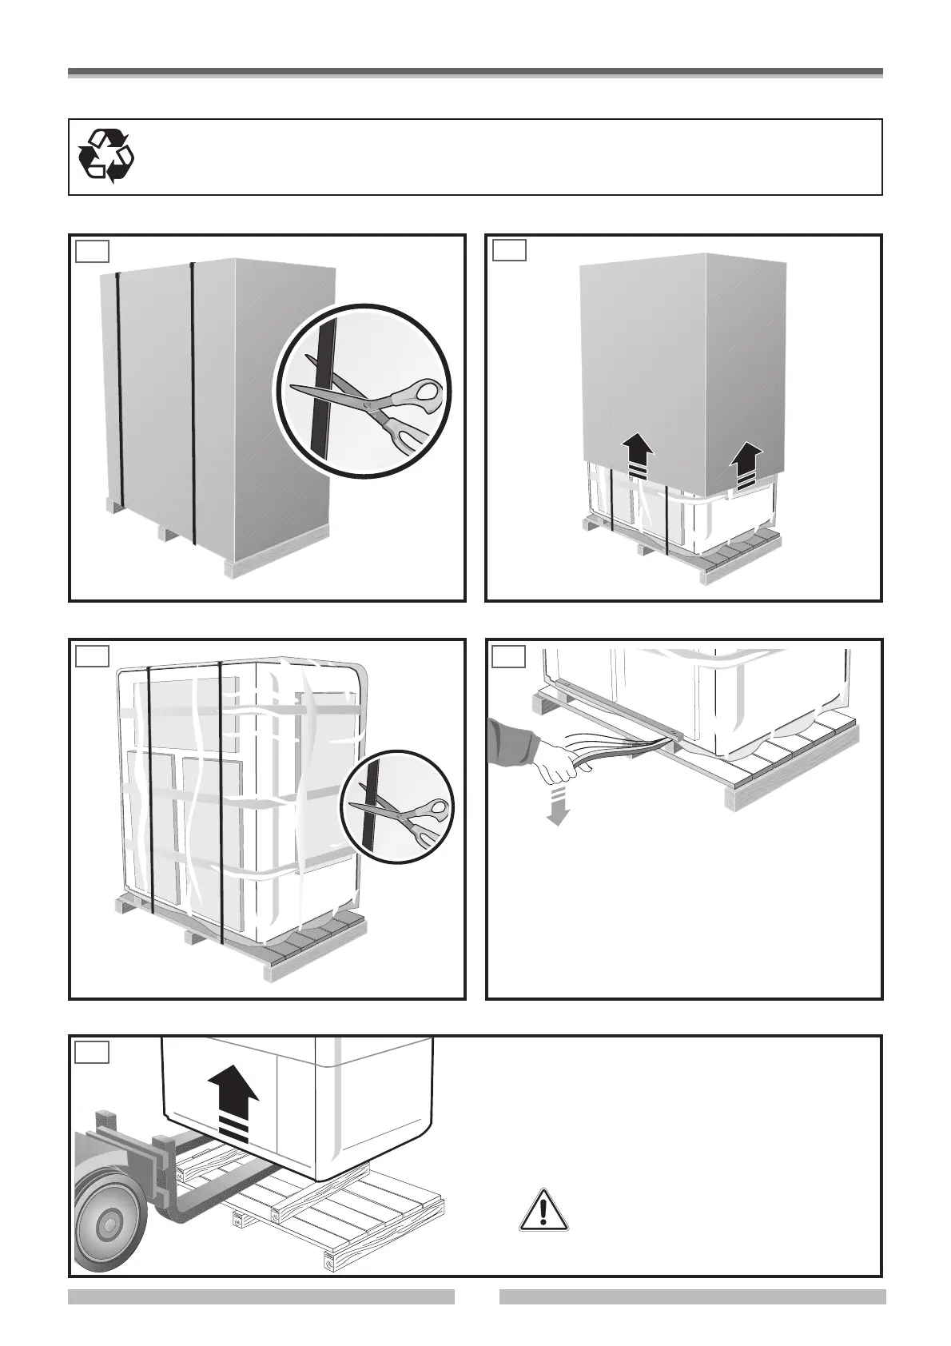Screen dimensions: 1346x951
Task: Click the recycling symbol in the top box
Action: pos(106,156)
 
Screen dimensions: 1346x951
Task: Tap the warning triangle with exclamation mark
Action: pos(543,1208)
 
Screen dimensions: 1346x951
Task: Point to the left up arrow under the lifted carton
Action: pos(639,455)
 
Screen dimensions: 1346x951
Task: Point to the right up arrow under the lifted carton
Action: pos(747,465)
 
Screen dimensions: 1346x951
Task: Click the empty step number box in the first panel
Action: pos(92,251)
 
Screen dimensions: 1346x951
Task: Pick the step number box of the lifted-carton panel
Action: pos(509,251)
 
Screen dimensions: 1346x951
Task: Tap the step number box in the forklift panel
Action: pos(92,1052)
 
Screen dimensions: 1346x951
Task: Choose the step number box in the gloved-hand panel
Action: pos(509,656)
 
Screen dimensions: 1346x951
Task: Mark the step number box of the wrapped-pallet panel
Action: pos(92,656)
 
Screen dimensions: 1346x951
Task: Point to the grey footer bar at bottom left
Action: pos(261,1296)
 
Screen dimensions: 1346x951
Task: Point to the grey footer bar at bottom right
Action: pos(692,1296)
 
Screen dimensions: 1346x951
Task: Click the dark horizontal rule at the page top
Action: pos(475,73)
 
